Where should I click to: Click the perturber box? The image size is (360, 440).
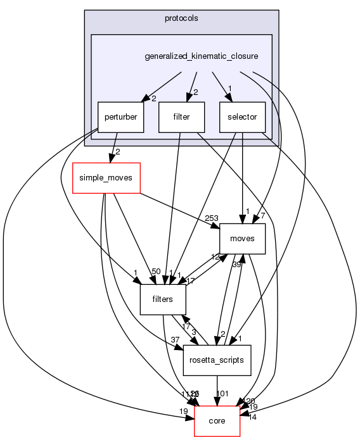coord(120,117)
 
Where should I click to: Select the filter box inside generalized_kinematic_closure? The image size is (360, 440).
coord(181,117)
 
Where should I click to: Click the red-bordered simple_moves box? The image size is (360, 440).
coord(106,178)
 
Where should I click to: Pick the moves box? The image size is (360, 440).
coord(242,239)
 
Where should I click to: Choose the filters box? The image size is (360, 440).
coord(163,299)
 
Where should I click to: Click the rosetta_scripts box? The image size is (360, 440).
coord(217,360)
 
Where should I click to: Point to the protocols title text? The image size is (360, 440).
coord(181,18)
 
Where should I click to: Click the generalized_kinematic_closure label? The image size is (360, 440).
coord(201,56)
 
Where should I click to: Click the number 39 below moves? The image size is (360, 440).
coord(236,264)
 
